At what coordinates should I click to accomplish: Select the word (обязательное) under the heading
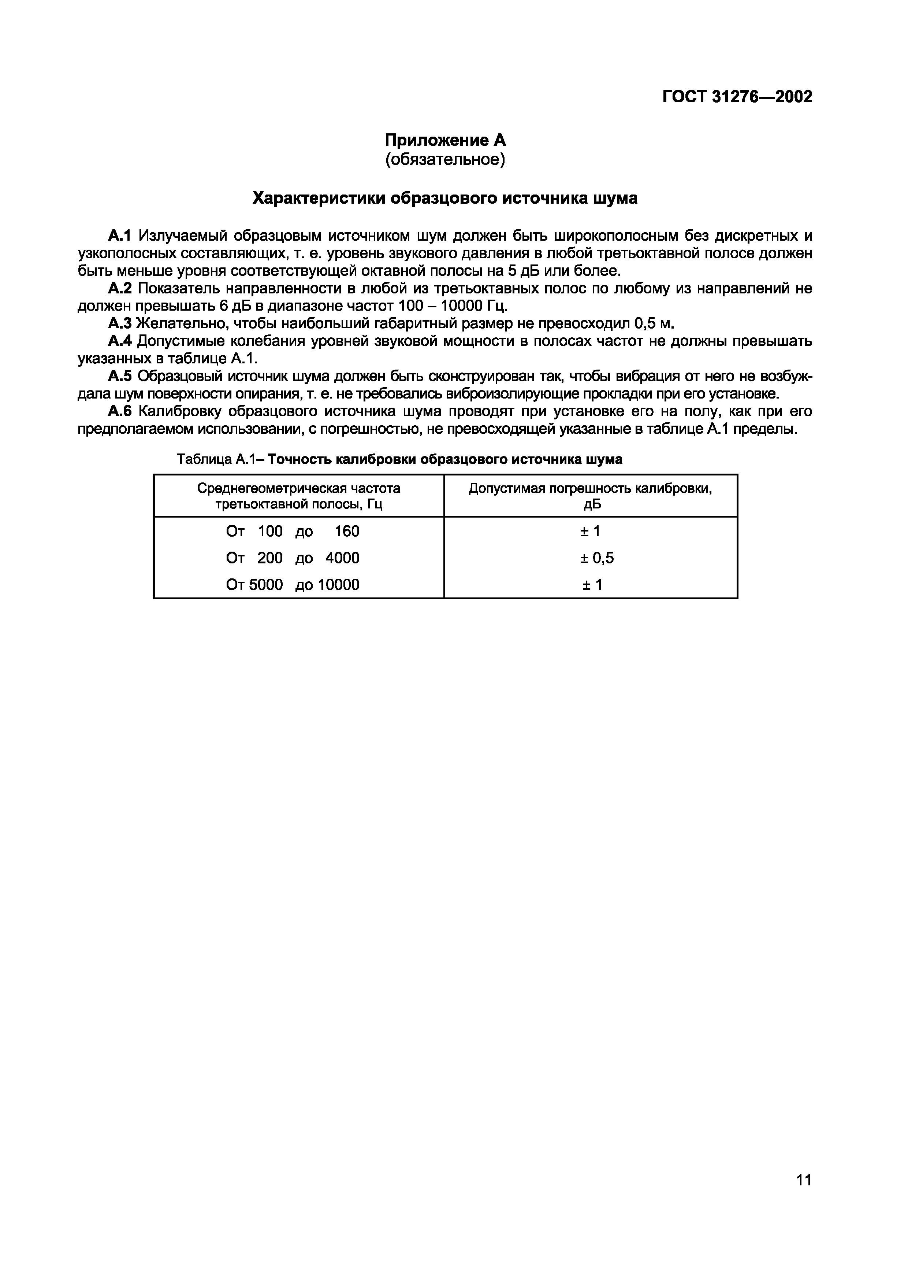[x=445, y=159]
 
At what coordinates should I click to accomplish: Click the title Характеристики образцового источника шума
[x=445, y=198]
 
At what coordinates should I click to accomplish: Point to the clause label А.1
[x=119, y=235]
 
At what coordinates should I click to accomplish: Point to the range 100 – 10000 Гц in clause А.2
[x=453, y=306]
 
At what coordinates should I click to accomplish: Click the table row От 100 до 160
[x=293, y=531]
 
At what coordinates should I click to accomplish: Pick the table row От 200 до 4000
[x=293, y=558]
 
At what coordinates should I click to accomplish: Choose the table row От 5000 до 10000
[x=293, y=585]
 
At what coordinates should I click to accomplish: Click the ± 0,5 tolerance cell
[x=596, y=558]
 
